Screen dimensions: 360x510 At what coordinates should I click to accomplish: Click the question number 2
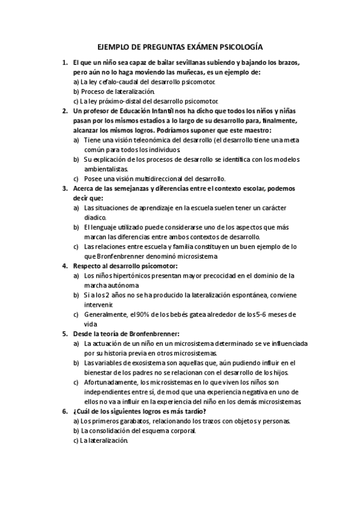coord(65,111)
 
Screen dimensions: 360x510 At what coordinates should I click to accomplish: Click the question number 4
coord(65,265)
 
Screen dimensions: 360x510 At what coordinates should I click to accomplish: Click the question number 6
coord(65,411)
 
